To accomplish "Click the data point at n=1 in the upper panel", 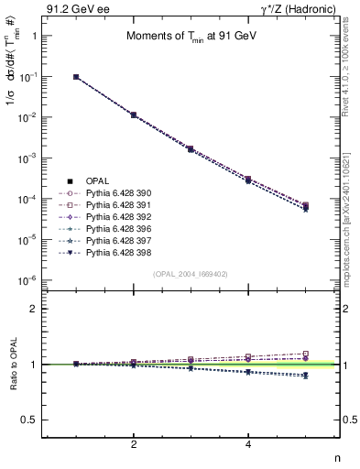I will click(76, 78).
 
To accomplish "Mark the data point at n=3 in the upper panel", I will click(191, 148).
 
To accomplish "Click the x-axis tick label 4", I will click(249, 445).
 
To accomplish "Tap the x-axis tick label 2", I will click(134, 445).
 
